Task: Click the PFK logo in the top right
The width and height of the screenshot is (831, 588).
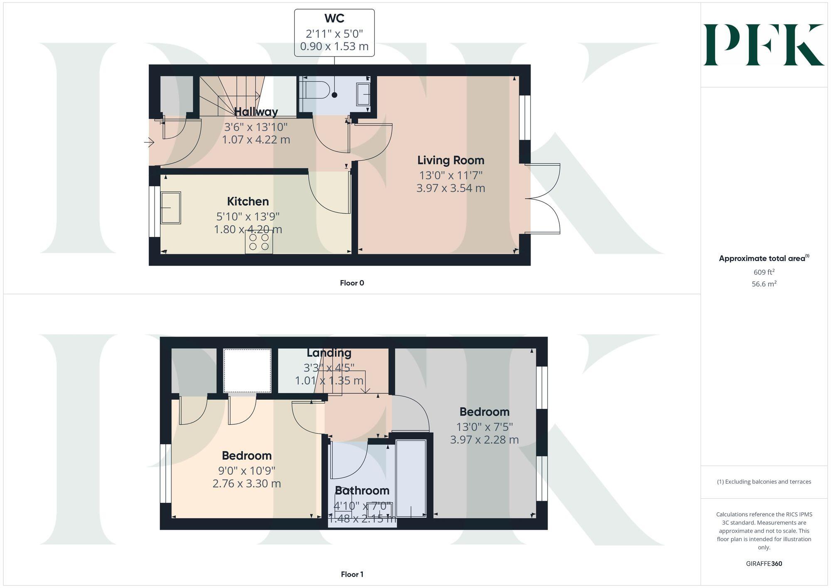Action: click(x=764, y=45)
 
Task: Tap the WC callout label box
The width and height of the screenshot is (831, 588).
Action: click(x=334, y=33)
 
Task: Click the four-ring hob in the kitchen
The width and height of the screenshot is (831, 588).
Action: click(x=259, y=242)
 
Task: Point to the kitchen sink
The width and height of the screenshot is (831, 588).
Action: click(x=170, y=208)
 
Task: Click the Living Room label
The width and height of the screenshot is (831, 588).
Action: click(x=451, y=160)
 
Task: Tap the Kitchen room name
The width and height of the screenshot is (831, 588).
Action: click(x=248, y=202)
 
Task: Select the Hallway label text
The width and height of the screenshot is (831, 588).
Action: click(x=256, y=112)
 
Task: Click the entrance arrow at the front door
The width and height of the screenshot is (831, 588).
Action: click(x=149, y=143)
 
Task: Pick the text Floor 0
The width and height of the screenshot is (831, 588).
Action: click(x=352, y=283)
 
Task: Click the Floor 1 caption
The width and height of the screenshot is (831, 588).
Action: click(x=352, y=574)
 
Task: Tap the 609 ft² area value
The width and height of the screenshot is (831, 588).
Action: click(x=764, y=272)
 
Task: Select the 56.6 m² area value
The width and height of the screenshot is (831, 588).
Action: click(x=764, y=284)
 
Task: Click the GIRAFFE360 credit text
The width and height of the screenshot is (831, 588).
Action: click(x=764, y=564)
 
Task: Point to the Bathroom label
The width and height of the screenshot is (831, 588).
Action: click(x=362, y=491)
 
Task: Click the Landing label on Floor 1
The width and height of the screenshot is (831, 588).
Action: click(x=329, y=353)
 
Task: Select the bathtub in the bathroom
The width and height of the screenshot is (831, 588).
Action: click(x=411, y=478)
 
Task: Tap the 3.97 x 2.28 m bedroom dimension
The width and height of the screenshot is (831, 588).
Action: click(x=484, y=440)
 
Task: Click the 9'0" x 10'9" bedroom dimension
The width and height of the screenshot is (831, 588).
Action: click(x=247, y=471)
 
